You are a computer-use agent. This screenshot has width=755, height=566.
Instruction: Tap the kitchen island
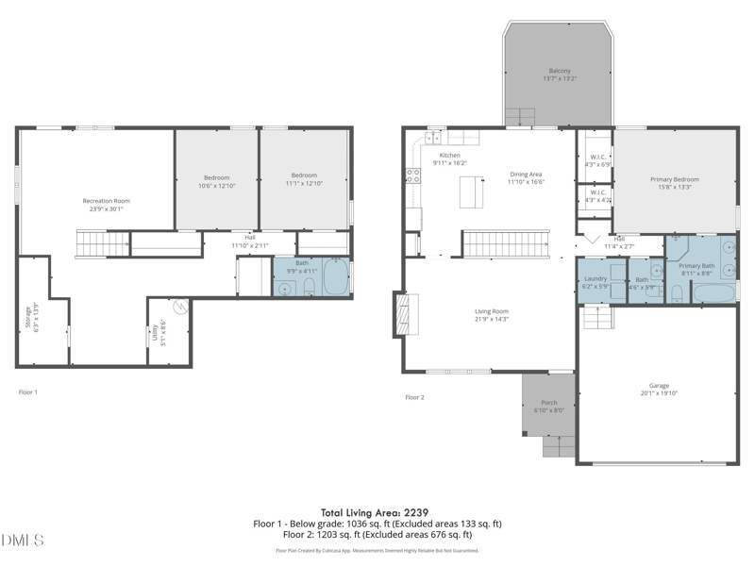[468, 191]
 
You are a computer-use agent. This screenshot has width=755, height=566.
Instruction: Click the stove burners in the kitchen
[412, 175]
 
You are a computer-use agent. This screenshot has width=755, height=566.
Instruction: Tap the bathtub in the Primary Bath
[713, 292]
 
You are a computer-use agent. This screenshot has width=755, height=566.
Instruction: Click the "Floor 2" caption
[414, 397]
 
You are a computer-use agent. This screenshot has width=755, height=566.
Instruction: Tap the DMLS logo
[23, 540]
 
